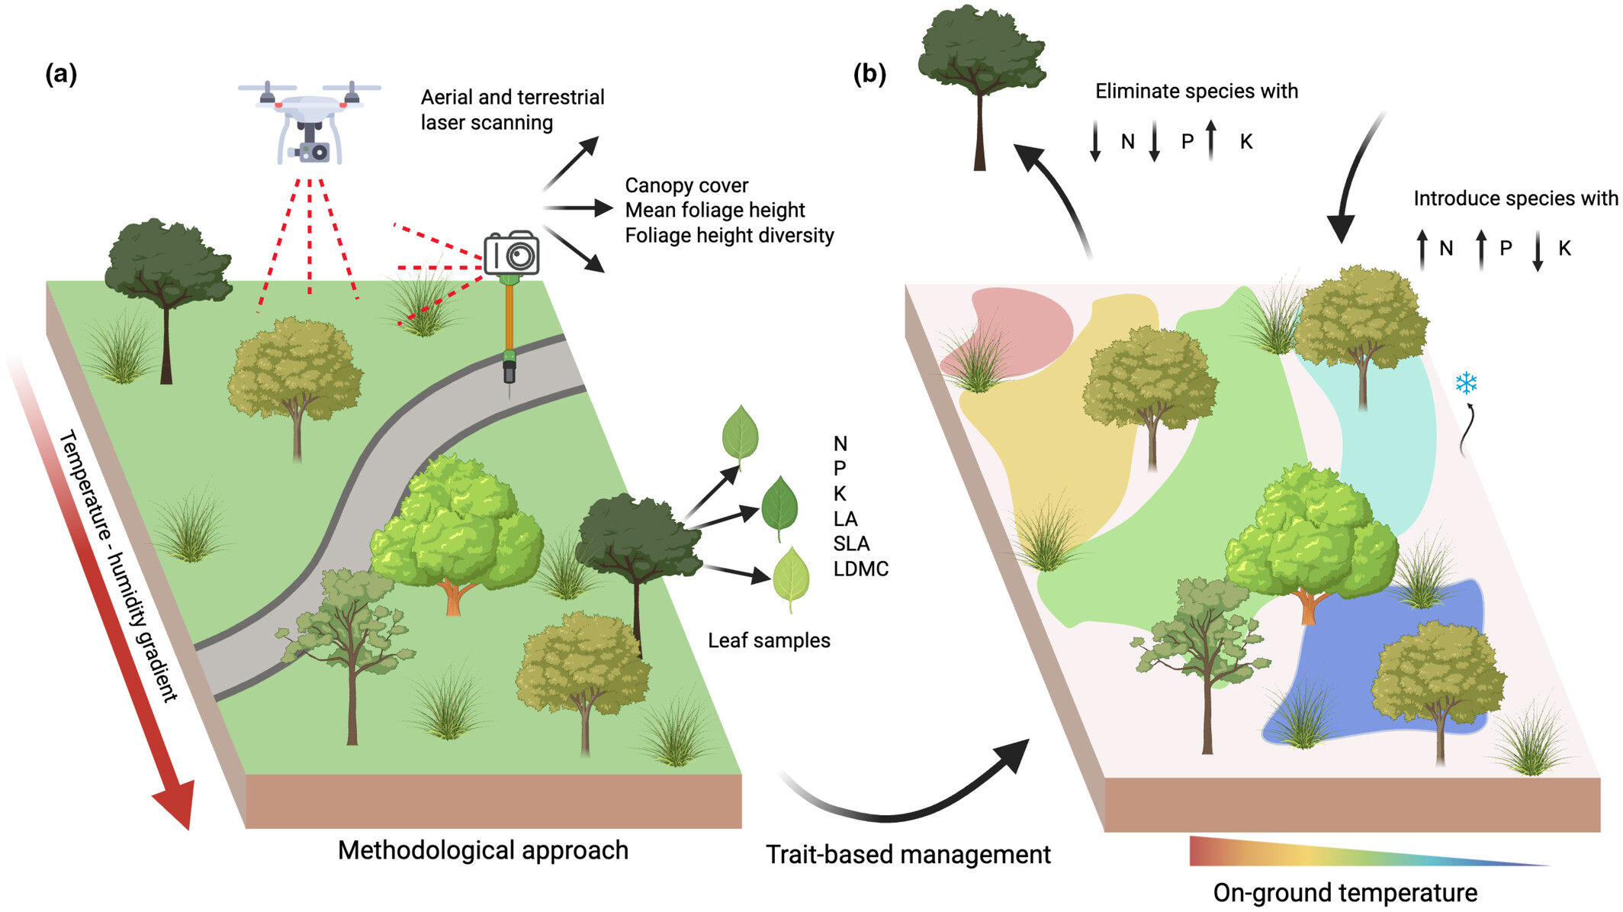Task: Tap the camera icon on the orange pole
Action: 512,253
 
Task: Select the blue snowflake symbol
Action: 1466,382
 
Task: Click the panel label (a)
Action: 61,74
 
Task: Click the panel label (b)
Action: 869,74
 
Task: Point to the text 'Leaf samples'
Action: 769,640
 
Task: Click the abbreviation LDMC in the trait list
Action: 861,569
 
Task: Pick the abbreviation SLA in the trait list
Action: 851,544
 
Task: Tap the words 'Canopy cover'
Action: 686,185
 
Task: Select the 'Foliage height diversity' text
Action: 729,235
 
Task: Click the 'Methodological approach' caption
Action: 483,850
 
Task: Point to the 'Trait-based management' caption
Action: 908,855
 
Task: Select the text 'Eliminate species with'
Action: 1197,92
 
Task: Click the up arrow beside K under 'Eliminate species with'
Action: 1211,140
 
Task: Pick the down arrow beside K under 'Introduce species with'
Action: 1538,250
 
